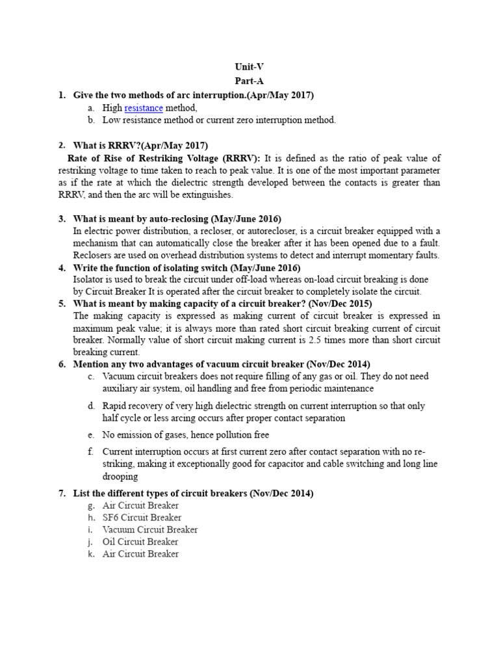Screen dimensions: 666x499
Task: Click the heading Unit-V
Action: point(249,66)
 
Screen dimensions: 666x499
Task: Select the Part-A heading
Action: point(249,81)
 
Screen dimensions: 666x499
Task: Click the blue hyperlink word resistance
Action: point(144,108)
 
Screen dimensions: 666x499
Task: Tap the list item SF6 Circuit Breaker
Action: point(142,518)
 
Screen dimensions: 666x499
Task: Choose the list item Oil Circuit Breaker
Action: point(140,542)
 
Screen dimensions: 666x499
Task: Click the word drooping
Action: point(120,476)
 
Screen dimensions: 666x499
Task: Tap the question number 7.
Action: point(62,494)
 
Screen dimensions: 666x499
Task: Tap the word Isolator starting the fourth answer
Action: point(90,280)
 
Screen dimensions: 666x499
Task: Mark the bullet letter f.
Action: point(92,451)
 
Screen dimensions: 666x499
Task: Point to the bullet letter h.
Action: point(92,518)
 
